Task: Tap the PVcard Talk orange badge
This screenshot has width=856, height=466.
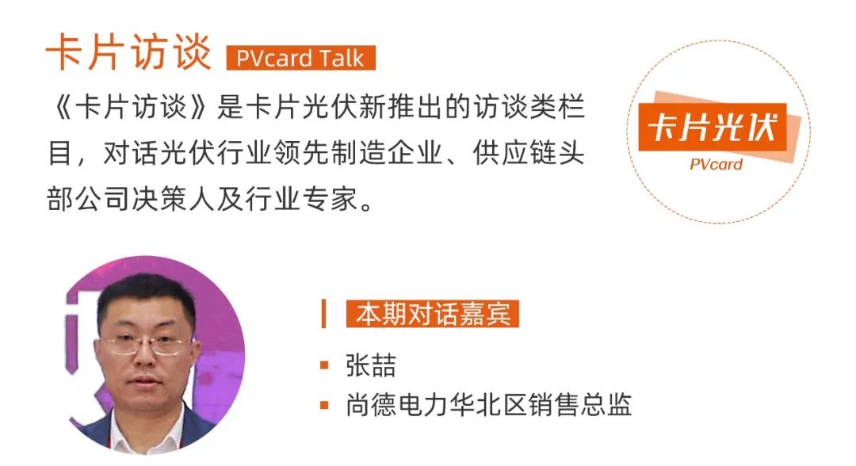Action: pyautogui.click(x=300, y=58)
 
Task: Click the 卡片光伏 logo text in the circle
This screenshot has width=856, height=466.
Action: pyautogui.click(x=712, y=128)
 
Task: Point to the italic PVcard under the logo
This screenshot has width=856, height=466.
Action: pyautogui.click(x=716, y=165)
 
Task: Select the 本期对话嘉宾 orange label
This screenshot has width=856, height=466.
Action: pyautogui.click(x=432, y=314)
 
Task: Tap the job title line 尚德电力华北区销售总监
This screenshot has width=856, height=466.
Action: pyautogui.click(x=488, y=406)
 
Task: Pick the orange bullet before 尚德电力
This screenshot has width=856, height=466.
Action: pyautogui.click(x=324, y=406)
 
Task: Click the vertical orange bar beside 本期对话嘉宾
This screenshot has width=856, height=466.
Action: pyautogui.click(x=323, y=314)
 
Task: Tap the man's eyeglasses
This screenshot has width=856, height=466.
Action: pyautogui.click(x=147, y=345)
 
